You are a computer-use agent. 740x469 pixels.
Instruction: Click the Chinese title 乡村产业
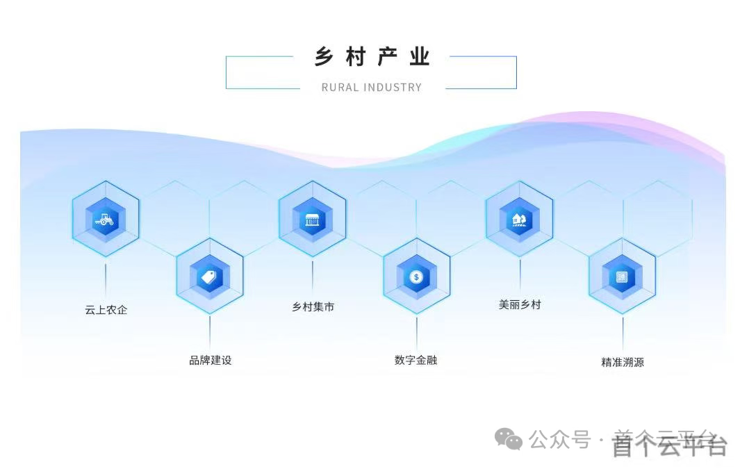click(372, 57)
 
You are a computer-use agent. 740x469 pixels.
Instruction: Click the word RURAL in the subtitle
click(340, 88)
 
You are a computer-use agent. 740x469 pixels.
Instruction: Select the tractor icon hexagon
click(105, 219)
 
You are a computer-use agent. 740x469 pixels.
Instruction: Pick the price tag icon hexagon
click(209, 277)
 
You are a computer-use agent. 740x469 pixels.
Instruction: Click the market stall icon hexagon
click(312, 220)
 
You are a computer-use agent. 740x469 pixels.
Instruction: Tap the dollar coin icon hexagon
click(416, 277)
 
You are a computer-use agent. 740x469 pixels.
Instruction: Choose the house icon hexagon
click(519, 220)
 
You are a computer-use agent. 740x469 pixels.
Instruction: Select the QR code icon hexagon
click(622, 277)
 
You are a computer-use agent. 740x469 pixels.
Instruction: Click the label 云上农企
click(106, 310)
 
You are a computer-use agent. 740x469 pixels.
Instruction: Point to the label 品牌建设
click(210, 361)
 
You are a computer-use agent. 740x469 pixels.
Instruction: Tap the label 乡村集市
click(313, 306)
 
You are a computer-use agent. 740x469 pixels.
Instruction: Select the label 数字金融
click(416, 360)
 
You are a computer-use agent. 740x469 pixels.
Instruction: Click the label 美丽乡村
click(519, 304)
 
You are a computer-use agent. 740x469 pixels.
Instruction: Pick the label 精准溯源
click(622, 362)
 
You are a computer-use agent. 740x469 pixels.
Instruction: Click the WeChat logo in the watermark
click(509, 439)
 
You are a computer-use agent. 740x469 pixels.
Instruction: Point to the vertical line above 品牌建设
click(210, 332)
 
